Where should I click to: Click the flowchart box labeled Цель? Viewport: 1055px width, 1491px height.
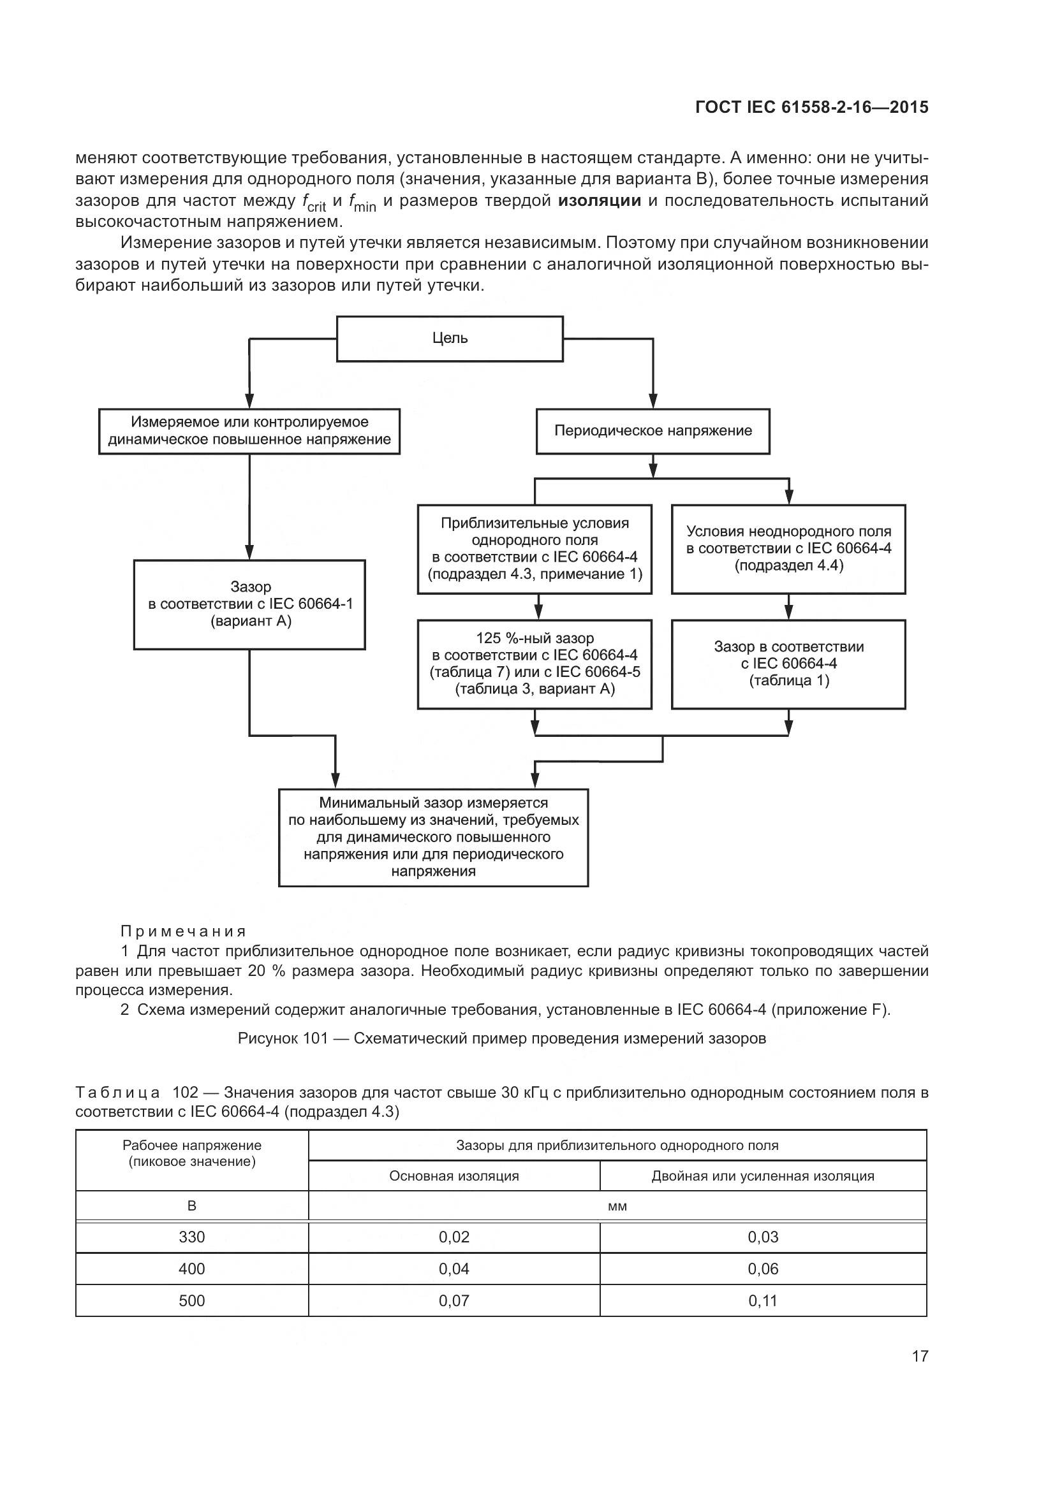point(450,338)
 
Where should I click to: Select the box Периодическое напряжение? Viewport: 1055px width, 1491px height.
point(653,431)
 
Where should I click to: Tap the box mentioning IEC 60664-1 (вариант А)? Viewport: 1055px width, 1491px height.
point(249,604)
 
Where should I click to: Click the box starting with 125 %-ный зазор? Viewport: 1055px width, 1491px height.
point(534,664)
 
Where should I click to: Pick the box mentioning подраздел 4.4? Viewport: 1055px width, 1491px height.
point(788,549)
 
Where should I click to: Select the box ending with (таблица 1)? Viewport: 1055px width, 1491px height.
point(788,664)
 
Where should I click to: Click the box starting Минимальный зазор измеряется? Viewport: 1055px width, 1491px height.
point(433,837)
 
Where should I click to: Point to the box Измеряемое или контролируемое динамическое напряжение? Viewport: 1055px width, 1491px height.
point(249,431)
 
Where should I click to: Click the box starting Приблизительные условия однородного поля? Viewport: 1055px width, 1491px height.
point(534,549)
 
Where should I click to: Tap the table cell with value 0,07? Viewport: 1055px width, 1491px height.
point(454,1301)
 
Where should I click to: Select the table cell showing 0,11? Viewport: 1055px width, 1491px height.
point(763,1301)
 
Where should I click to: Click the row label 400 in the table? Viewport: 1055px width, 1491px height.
point(191,1269)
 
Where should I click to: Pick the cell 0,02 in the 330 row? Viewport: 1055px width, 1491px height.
point(454,1237)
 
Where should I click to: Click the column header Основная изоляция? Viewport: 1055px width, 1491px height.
point(454,1176)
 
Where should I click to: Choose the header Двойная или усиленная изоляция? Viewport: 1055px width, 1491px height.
point(763,1176)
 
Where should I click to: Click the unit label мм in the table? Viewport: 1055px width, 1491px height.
point(617,1207)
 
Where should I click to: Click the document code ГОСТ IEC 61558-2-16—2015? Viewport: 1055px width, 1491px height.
point(811,107)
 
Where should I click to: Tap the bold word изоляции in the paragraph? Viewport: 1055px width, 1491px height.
point(599,201)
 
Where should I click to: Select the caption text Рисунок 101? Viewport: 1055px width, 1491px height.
point(283,1038)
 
